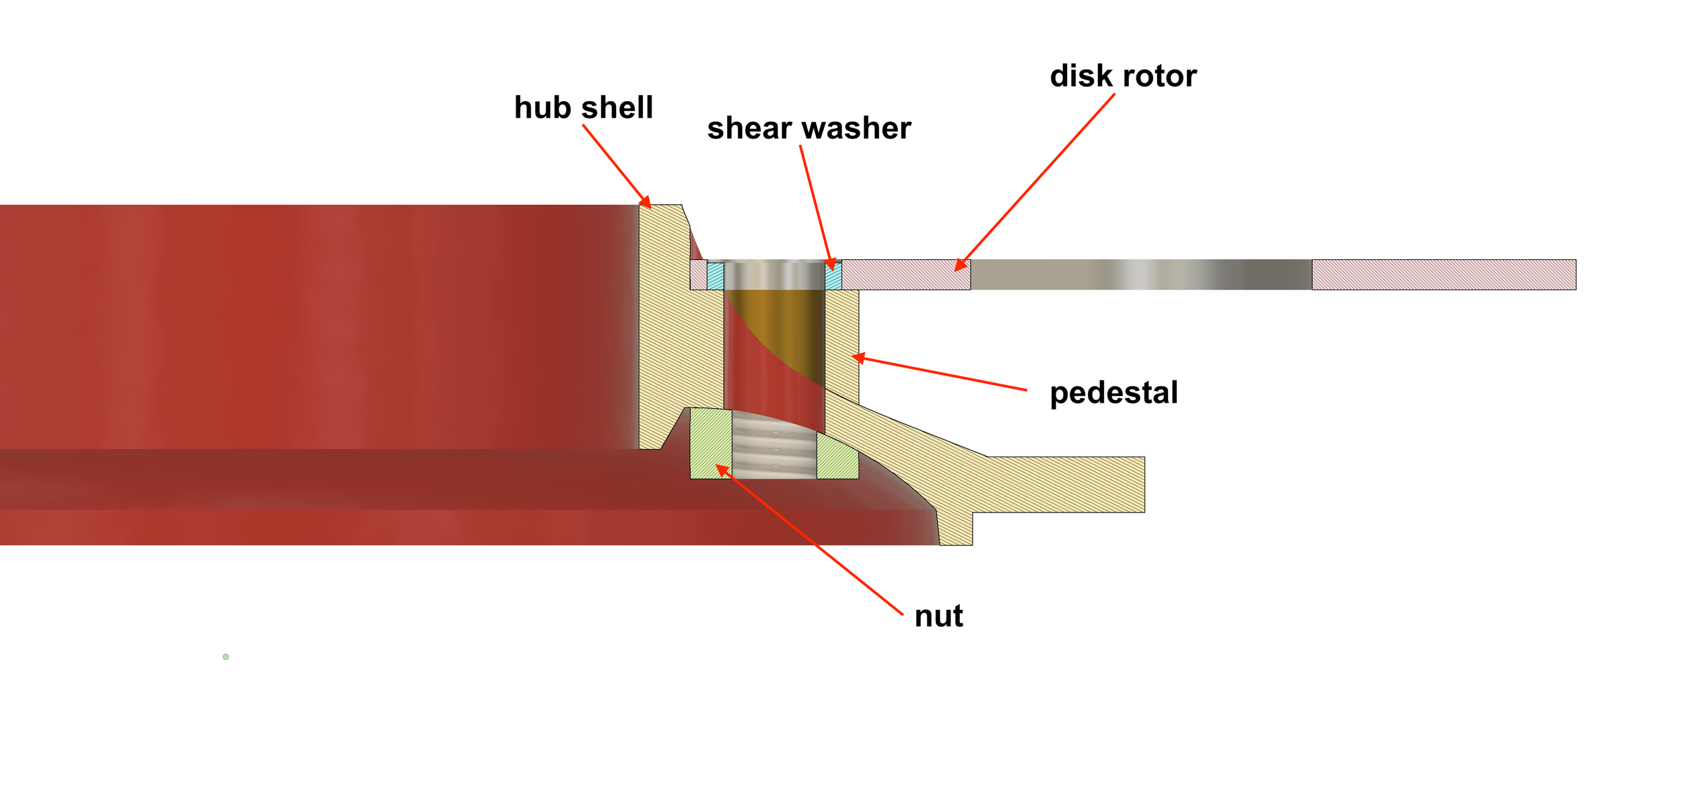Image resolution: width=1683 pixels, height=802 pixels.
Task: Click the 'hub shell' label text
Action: [583, 108]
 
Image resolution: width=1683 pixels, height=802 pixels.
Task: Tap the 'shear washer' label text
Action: [809, 129]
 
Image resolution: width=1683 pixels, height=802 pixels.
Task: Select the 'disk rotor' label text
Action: [1123, 76]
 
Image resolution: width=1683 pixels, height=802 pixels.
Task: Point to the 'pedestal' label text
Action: [1113, 393]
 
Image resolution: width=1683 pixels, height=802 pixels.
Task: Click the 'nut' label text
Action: [938, 616]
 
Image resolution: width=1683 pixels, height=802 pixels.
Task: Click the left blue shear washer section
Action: [715, 276]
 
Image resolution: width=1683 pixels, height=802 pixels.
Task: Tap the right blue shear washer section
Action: [833, 276]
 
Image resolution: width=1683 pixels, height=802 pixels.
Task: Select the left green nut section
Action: [710, 443]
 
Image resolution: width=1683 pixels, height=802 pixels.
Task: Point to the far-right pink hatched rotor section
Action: [1443, 275]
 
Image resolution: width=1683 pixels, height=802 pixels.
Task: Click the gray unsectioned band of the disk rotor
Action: [1140, 275]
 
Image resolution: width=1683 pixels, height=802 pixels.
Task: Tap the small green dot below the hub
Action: [226, 657]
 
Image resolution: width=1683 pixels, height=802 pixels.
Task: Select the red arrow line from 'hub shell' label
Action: [614, 163]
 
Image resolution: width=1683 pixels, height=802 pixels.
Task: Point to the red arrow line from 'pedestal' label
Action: [942, 374]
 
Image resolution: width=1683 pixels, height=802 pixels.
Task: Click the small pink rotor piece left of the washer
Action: [698, 275]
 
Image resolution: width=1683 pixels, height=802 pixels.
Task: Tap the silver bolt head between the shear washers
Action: [774, 275]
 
